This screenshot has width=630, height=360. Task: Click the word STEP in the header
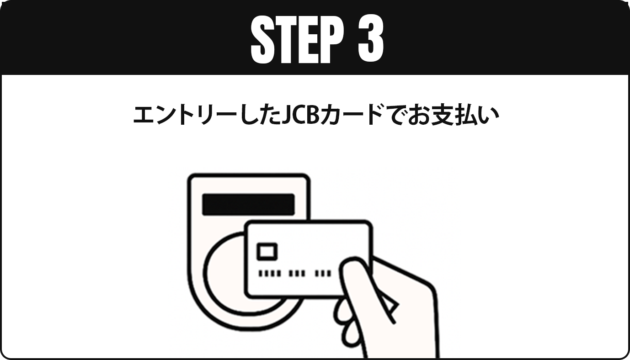[x=297, y=39]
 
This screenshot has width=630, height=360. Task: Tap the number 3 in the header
[x=371, y=39]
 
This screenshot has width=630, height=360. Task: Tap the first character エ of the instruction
[x=144, y=115]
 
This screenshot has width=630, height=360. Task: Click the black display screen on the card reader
[x=248, y=204]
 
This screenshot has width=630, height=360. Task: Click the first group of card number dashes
[x=269, y=273]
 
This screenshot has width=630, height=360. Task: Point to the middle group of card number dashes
[x=297, y=273]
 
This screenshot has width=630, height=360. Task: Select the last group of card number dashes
[x=323, y=273]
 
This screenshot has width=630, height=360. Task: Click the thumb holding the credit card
[x=355, y=281]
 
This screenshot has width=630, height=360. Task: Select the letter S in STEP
[x=262, y=39]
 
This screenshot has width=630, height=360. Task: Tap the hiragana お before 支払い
[x=419, y=115]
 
